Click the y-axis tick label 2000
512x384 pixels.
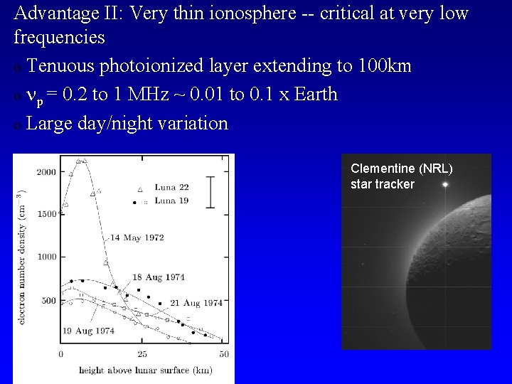(47, 172)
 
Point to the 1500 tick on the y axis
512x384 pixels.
(47, 214)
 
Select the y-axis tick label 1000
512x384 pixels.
(47, 257)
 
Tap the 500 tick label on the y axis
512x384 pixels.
(49, 300)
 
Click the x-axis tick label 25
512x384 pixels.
(142, 353)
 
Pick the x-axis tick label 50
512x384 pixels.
(223, 353)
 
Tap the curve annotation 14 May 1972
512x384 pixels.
(138, 238)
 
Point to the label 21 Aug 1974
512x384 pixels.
(196, 303)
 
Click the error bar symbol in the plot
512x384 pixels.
(210, 190)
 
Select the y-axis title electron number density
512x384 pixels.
(22, 257)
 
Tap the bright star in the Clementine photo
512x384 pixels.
(446, 185)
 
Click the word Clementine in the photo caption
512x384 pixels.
(382, 169)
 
